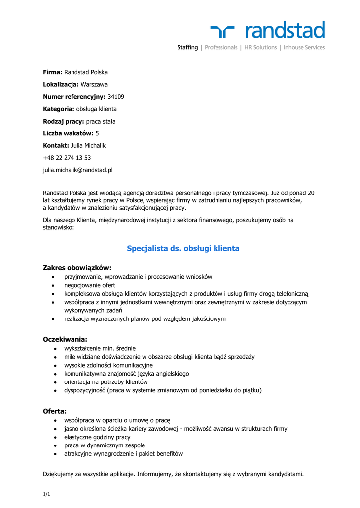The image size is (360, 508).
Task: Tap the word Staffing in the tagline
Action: pyautogui.click(x=188, y=48)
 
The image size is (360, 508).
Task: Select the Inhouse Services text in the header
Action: pyautogui.click(x=304, y=48)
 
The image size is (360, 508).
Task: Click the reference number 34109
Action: pyautogui.click(x=116, y=97)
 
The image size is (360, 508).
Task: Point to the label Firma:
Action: pyautogui.click(x=53, y=72)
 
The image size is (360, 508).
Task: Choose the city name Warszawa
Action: pyautogui.click(x=94, y=85)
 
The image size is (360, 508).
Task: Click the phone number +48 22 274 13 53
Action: pyautogui.click(x=67, y=158)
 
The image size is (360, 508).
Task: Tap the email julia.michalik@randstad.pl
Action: pyautogui.click(x=77, y=170)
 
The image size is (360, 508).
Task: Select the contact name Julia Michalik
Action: pyautogui.click(x=89, y=146)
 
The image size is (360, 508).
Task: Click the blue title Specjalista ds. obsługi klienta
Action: pyautogui.click(x=183, y=248)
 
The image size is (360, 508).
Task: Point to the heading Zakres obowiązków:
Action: pyautogui.click(x=77, y=268)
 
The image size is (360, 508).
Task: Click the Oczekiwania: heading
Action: pyautogui.click(x=65, y=339)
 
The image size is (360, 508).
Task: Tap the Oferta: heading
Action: pyautogui.click(x=55, y=411)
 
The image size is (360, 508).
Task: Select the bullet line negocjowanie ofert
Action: pyautogui.click(x=90, y=285)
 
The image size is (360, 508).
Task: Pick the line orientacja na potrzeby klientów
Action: pyautogui.click(x=106, y=382)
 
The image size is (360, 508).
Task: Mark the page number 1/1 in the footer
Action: pyautogui.click(x=47, y=494)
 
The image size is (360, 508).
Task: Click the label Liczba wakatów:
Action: pyautogui.click(x=68, y=133)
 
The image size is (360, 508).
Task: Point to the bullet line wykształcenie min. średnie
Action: pyautogui.click(x=100, y=348)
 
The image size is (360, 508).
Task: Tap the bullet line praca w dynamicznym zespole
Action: pyautogui.click(x=105, y=445)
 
